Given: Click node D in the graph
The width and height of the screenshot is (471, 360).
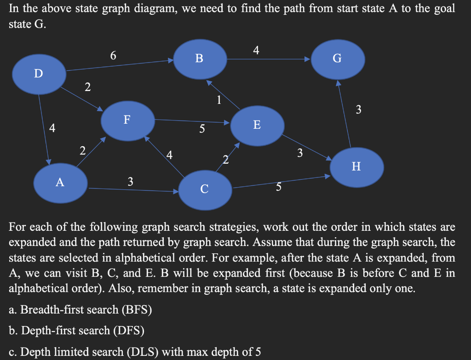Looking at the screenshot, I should click(39, 73).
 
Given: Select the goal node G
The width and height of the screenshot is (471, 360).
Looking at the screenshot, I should click(338, 58).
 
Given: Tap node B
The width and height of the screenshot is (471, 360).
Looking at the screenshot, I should click(199, 58).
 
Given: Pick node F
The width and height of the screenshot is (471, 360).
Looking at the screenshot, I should click(127, 120).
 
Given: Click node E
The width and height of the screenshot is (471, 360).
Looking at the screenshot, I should click(257, 125).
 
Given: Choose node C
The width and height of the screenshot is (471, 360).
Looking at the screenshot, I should click(205, 189).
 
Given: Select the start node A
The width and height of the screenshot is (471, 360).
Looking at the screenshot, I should click(60, 183).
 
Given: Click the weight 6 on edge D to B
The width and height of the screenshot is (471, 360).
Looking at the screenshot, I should click(113, 56).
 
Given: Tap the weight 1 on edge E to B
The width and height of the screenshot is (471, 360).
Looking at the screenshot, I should click(219, 99).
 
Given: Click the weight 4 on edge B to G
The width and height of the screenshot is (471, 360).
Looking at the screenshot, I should click(256, 51).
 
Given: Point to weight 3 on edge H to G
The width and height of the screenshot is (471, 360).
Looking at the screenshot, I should click(359, 109).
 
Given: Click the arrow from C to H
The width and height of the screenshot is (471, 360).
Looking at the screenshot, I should click(281, 182).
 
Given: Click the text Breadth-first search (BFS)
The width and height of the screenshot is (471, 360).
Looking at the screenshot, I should click(86, 309).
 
